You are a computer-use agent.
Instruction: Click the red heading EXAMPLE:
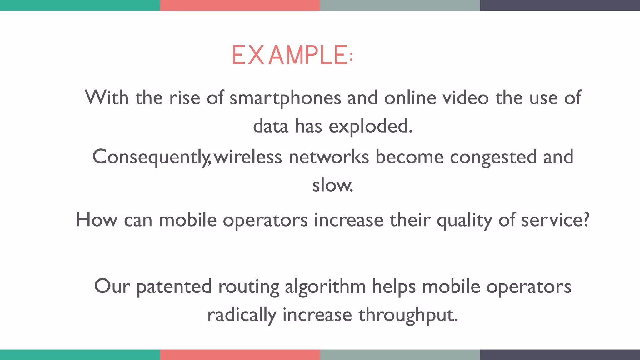click(292, 55)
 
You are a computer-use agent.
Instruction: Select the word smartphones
click(285, 98)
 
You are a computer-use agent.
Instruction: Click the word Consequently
click(150, 157)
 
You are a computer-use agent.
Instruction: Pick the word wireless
click(248, 157)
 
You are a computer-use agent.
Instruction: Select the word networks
click(329, 157)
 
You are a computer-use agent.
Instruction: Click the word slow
click(332, 185)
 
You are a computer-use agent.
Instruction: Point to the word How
click(97, 220)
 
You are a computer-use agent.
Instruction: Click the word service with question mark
click(555, 220)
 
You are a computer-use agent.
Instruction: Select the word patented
click(174, 287)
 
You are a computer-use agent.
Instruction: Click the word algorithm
click(325, 287)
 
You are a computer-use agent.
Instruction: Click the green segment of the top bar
click(80, 5)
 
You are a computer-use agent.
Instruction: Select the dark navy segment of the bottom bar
click(560, 355)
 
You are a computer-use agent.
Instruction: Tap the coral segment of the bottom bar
click(240, 355)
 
